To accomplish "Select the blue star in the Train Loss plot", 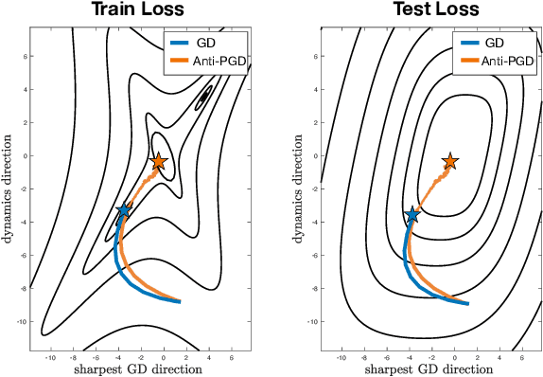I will pos(124,211).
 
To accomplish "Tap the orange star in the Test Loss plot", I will pos(450,162).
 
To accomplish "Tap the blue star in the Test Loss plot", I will pos(412,216).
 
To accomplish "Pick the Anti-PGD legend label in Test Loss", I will pos(504,61).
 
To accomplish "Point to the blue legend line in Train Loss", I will pos(181,43).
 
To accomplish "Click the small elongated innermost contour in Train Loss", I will pos(204,96).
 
